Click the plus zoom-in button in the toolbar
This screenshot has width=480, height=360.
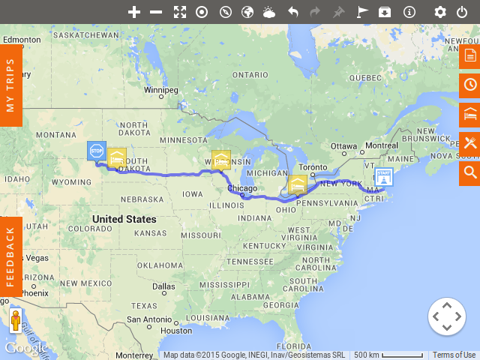(134, 12)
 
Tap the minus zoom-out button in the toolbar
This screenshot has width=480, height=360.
(156, 12)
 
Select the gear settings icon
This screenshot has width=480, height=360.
(440, 12)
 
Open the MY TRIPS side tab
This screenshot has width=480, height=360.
(10, 85)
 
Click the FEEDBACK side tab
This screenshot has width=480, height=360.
(10, 256)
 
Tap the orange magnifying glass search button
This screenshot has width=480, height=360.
(470, 172)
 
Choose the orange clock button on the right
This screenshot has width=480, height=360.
(470, 85)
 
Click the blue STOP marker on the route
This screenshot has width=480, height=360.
(96, 151)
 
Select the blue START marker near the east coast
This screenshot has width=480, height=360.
(384, 177)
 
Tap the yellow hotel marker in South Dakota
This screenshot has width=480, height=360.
(116, 157)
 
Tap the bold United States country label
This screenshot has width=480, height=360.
(124, 219)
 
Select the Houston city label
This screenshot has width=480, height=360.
(177, 331)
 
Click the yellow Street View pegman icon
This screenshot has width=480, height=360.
(16, 321)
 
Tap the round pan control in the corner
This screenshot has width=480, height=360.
(446, 316)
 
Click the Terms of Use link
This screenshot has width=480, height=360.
(454, 355)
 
